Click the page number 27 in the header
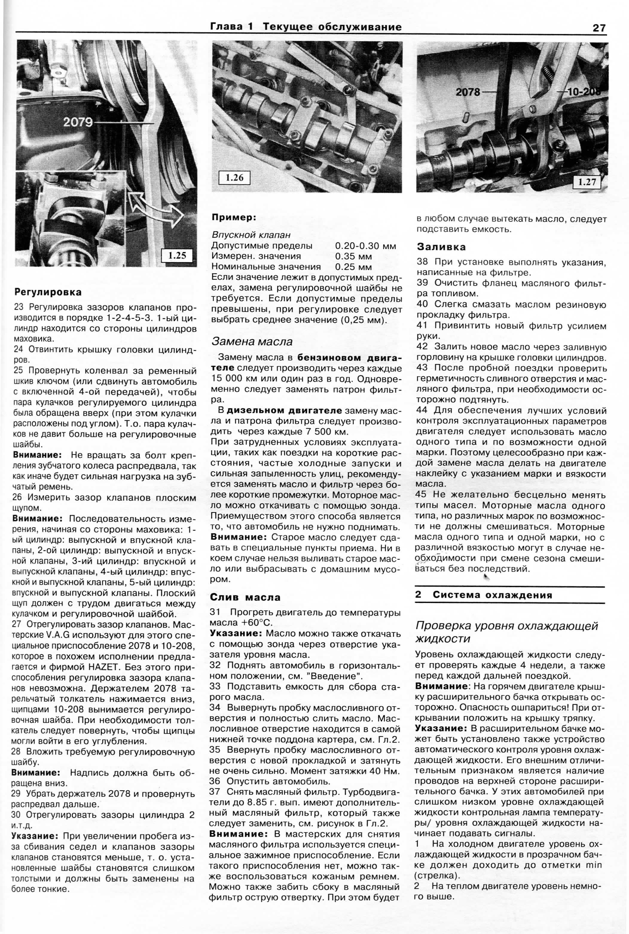(x=599, y=28)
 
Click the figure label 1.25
(x=177, y=255)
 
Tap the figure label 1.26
(x=234, y=177)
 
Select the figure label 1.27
(x=587, y=182)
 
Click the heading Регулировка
(x=48, y=292)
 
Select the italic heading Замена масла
(x=252, y=341)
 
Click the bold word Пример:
(x=233, y=218)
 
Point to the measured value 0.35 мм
(x=353, y=256)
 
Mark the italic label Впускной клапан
(x=251, y=235)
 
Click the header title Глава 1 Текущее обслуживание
(x=306, y=27)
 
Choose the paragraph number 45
(x=422, y=495)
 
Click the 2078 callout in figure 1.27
(x=468, y=92)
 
